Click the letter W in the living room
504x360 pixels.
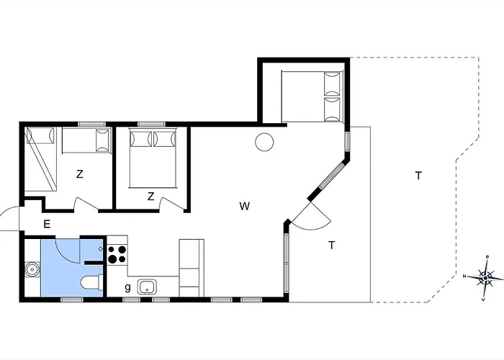pyautogui.click(x=245, y=207)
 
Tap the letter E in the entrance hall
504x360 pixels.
pyautogui.click(x=47, y=225)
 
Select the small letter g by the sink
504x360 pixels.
pyautogui.click(x=128, y=287)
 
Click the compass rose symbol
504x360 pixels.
pyautogui.click(x=486, y=276)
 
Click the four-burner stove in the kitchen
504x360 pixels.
pyautogui.click(x=117, y=253)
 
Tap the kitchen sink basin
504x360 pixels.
pyautogui.click(x=146, y=287)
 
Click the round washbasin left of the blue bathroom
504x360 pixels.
pyautogui.click(x=32, y=270)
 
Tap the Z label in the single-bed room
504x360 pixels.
pyautogui.click(x=80, y=174)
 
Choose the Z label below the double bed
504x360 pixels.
pyautogui.click(x=150, y=196)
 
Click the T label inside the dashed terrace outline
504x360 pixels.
pyautogui.click(x=418, y=176)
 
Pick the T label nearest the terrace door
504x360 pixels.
pyautogui.click(x=331, y=245)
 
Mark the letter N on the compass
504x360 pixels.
pyautogui.click(x=466, y=276)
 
